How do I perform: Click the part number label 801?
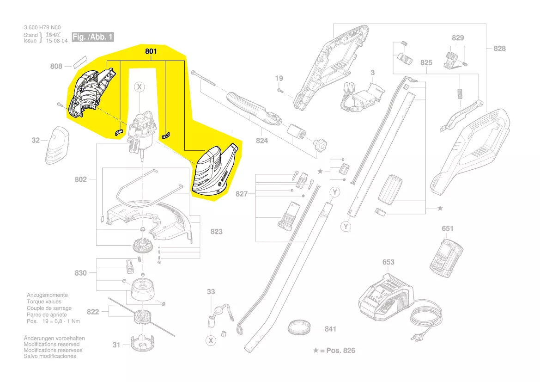coord(151,52)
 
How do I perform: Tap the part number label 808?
coord(56,67)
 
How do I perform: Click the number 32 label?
coord(36,140)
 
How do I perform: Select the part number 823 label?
coord(216,231)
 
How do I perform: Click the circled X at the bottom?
coord(211,341)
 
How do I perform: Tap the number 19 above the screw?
coord(279,78)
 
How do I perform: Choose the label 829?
coord(458,38)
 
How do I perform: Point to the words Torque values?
coord(44,302)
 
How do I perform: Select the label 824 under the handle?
coord(262,141)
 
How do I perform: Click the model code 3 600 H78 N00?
coord(42,28)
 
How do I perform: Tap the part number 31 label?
coord(116,345)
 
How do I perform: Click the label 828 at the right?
coord(499,48)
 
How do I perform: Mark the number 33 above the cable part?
coord(211,292)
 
